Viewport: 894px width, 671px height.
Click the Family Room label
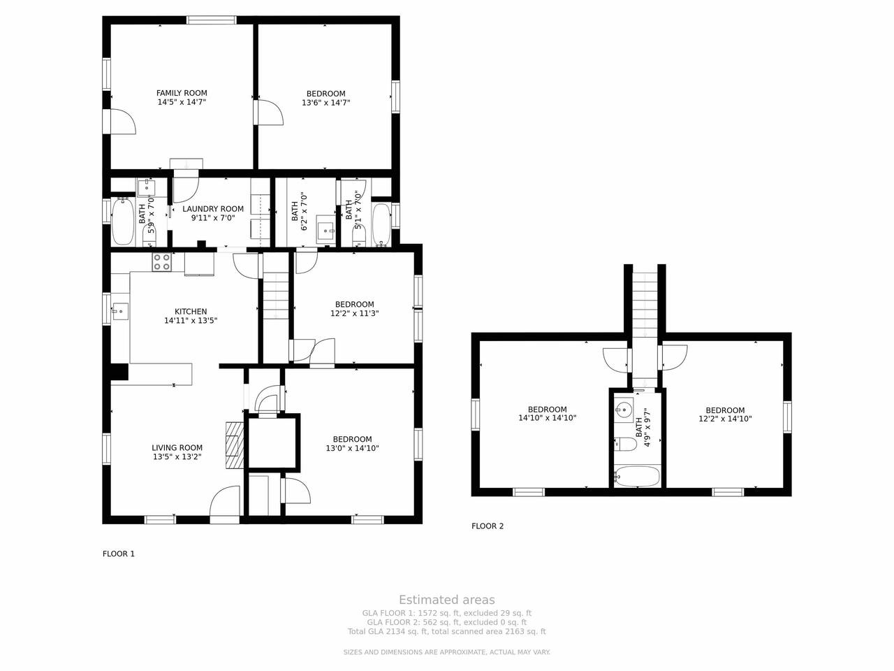coord(182,93)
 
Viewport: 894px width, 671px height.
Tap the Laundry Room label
coord(213,209)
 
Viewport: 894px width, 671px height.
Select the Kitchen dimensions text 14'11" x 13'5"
coord(191,321)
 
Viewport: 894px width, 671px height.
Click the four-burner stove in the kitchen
coord(162,262)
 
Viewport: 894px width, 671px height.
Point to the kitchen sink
coord(121,312)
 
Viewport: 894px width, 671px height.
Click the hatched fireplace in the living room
coord(235,445)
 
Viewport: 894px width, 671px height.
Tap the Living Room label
coord(177,448)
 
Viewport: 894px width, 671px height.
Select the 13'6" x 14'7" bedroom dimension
coord(326,103)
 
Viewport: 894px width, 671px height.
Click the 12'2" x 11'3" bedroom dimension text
coord(354,313)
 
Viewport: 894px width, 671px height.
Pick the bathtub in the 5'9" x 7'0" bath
coord(123,222)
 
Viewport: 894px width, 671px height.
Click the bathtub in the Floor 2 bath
coord(636,477)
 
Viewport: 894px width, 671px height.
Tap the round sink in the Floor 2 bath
coord(623,408)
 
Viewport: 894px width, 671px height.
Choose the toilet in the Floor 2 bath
coord(625,445)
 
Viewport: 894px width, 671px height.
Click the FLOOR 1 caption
coord(119,554)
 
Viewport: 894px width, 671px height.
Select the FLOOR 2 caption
coord(488,526)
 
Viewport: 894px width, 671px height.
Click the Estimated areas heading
coord(447,600)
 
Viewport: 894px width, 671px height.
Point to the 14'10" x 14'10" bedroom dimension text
coord(547,418)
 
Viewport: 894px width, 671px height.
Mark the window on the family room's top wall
coord(212,20)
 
